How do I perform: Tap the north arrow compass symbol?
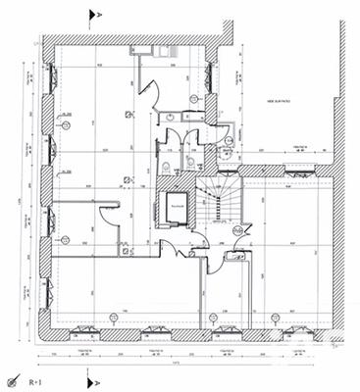pos(13,379)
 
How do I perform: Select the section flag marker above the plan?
pos(94,16)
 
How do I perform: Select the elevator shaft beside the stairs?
pos(177,207)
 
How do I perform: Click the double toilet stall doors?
pos(180,138)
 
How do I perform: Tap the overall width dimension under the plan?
pos(187,362)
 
